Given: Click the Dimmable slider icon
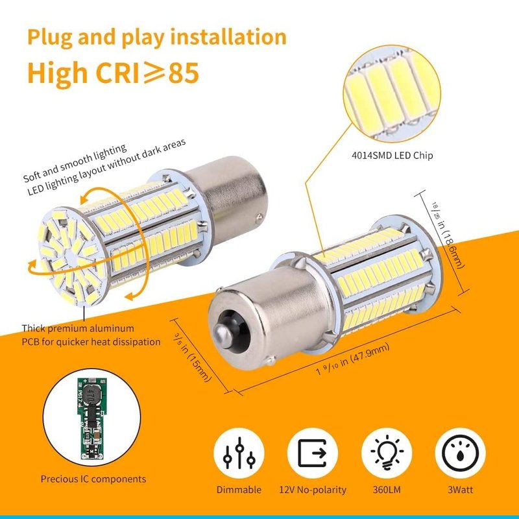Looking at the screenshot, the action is coord(239,453).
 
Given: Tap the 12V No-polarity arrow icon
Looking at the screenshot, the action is coord(313,453).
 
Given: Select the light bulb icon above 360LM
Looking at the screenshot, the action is coord(387,453).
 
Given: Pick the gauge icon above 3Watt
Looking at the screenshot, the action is coord(460,453).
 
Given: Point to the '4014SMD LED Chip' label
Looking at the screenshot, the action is coord(392,155).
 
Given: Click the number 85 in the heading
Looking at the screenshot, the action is coord(184,73).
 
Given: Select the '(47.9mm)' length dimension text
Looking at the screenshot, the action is coord(369,354).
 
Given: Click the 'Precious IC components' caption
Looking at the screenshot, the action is coord(93,479).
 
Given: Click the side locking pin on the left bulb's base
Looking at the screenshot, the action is coord(259,218).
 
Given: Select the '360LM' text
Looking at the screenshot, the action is coord(387,490).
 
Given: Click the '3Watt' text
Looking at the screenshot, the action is coord(461,490).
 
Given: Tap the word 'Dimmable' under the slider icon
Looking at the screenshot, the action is coord(239,490).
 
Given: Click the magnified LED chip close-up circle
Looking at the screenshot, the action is coord(392,93).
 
